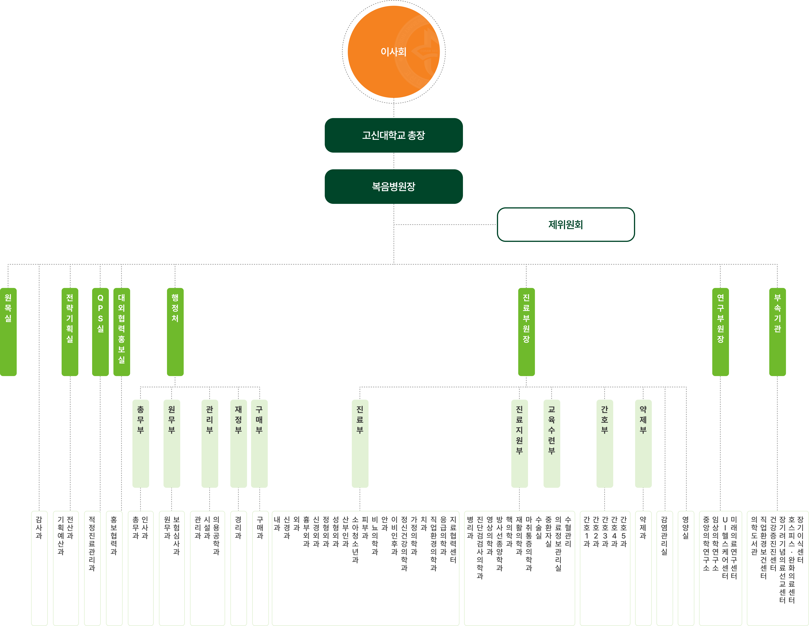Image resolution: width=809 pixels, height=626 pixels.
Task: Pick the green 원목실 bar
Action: pyautogui.click(x=8, y=332)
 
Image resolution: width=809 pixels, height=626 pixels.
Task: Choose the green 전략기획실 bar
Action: pyautogui.click(x=70, y=332)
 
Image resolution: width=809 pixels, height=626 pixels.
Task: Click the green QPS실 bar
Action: pyautogui.click(x=100, y=332)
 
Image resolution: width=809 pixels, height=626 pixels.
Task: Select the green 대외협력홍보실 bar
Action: pyautogui.click(x=121, y=332)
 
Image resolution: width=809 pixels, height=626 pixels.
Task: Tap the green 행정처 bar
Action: pyautogui.click(x=175, y=332)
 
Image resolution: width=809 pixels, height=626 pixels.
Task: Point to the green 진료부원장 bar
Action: pyautogui.click(x=526, y=332)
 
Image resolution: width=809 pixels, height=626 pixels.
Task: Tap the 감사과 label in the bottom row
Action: pyautogui.click(x=39, y=528)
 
